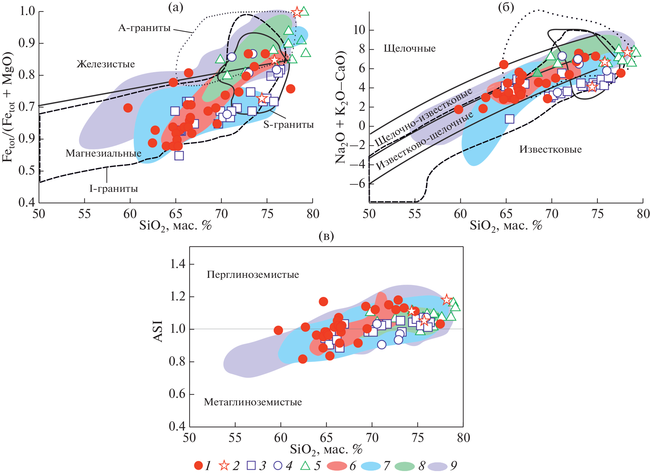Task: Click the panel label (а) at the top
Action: pos(176,7)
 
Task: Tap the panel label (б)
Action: pos(506,7)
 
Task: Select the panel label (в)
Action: pos(326,236)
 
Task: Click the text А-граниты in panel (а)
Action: pos(144,28)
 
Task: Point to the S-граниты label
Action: pos(288,125)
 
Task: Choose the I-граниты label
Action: pos(113,189)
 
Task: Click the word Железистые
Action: pos(106,64)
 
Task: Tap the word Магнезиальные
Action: pos(103,153)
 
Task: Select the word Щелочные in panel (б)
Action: pos(409,49)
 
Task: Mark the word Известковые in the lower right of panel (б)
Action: pos(551,150)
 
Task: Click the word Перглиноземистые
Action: pos(253,275)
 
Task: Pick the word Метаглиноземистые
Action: pos(253,402)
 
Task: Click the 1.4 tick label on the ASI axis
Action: pos(177,264)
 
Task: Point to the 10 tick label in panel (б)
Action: pos(359,30)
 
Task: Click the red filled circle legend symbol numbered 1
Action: pos(198,466)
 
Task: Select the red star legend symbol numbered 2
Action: pos(224,466)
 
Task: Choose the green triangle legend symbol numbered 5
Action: pos(305,466)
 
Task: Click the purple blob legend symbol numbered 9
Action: pos(438,466)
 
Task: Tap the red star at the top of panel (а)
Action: pos(297,12)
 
